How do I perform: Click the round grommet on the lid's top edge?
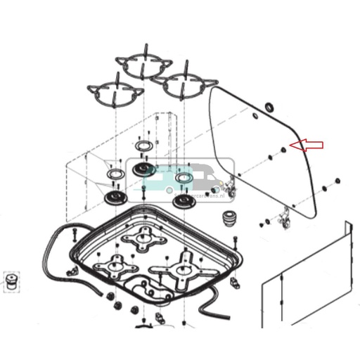tap(267, 108)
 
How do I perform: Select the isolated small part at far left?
tap(11, 282)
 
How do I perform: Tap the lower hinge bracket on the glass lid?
tap(284, 219)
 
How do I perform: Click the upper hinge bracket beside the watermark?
tap(229, 186)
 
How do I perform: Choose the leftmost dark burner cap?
tap(113, 197)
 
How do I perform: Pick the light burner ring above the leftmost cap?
tap(113, 173)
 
